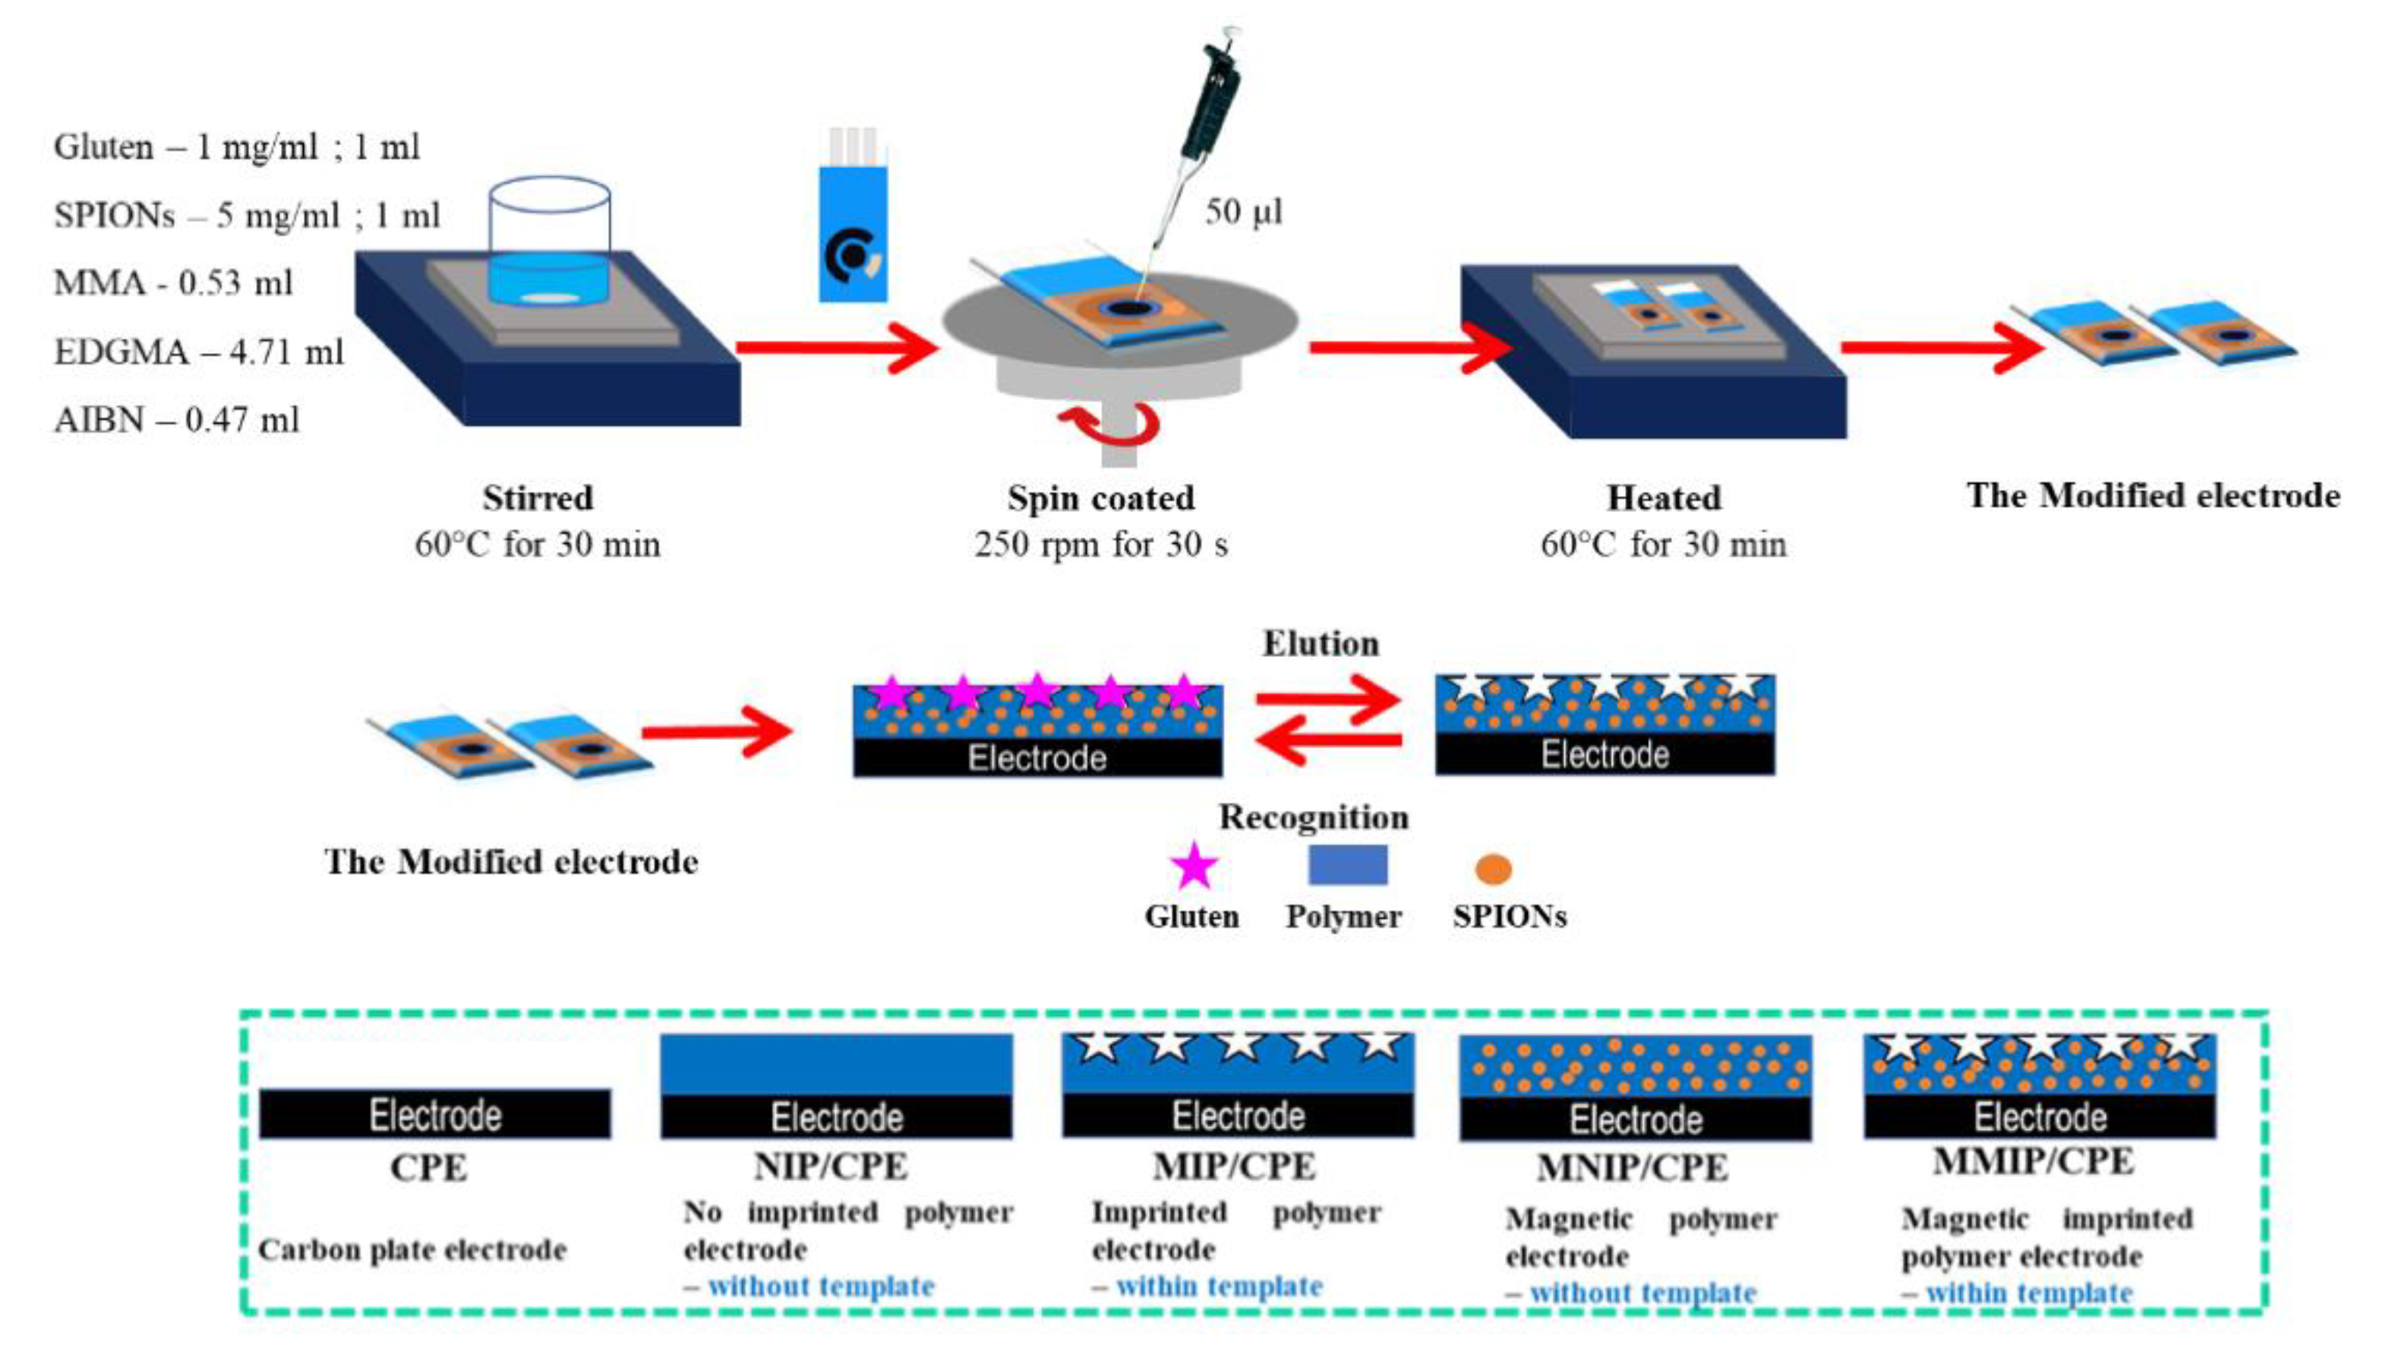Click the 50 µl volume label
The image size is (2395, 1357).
click(x=1243, y=212)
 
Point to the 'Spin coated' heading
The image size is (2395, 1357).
click(x=1100, y=497)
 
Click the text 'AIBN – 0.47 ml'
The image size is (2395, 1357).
click(x=177, y=421)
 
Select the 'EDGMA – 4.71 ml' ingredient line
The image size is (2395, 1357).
click(x=198, y=352)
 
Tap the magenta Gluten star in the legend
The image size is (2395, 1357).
click(x=1194, y=866)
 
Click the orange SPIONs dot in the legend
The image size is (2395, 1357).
click(x=1493, y=869)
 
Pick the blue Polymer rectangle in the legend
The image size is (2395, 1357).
click(x=1348, y=865)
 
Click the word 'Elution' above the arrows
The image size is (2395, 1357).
click(x=1321, y=644)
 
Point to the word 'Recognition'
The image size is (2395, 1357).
click(x=1314, y=817)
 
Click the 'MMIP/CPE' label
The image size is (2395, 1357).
click(x=2033, y=1162)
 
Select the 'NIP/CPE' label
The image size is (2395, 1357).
click(x=829, y=1166)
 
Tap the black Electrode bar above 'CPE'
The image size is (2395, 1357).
click(x=434, y=1115)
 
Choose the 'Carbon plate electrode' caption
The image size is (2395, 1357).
click(x=412, y=1250)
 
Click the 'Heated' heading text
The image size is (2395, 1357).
click(x=1664, y=497)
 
